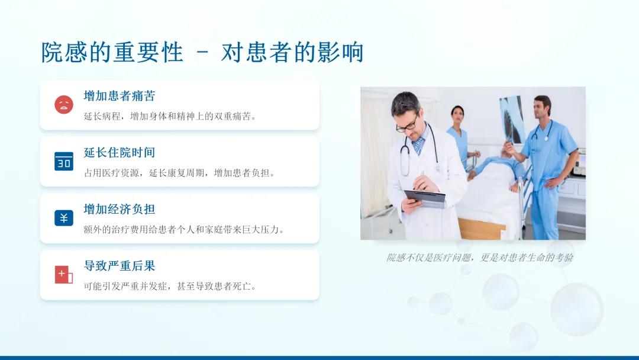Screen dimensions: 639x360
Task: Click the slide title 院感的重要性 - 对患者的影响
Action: (x=202, y=52)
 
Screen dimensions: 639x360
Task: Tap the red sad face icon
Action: (x=64, y=104)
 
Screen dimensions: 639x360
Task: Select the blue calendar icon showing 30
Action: (x=64, y=161)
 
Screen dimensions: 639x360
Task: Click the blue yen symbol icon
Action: (x=64, y=218)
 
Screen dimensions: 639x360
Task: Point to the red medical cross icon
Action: (x=63, y=274)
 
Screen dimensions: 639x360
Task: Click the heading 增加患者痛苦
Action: (x=120, y=96)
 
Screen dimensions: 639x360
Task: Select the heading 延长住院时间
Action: (x=120, y=153)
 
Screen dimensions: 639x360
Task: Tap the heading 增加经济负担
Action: (x=120, y=209)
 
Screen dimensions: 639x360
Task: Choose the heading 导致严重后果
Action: (x=120, y=266)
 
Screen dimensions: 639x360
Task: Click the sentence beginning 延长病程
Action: (x=170, y=116)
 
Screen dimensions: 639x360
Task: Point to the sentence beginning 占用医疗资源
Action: (x=180, y=173)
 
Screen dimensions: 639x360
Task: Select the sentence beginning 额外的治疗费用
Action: (x=184, y=230)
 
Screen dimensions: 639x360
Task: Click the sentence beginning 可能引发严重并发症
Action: (x=170, y=286)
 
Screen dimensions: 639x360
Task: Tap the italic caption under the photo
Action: (x=480, y=257)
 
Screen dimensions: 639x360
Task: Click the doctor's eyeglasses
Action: (x=407, y=124)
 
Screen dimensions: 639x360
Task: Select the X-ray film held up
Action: (x=512, y=119)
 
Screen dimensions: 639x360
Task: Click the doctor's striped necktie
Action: (x=418, y=146)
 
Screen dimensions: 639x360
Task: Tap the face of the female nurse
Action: (x=457, y=115)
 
